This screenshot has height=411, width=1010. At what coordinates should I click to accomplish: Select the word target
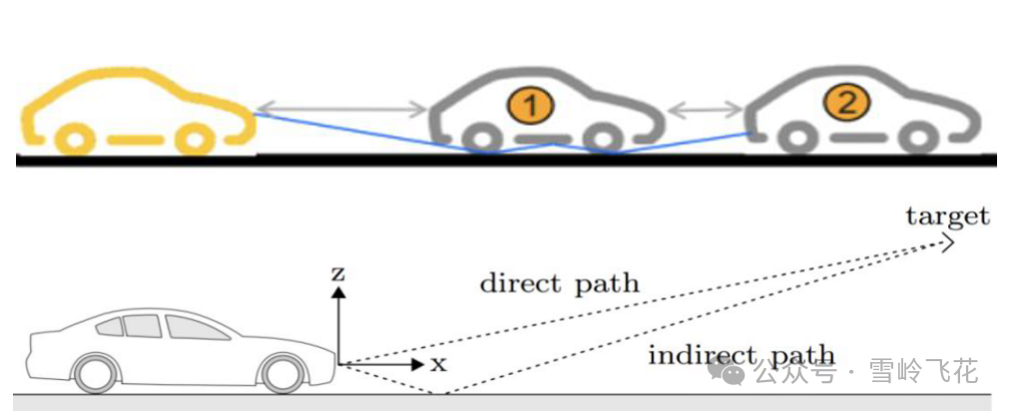[x=947, y=216]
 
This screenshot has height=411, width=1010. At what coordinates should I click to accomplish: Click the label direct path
[x=559, y=283]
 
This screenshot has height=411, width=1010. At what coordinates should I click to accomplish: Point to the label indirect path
[x=742, y=355]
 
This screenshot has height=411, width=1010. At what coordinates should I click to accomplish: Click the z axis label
[x=340, y=271]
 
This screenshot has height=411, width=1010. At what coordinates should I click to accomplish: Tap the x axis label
[x=438, y=364]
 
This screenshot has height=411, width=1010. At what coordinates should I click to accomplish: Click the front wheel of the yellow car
[x=193, y=138]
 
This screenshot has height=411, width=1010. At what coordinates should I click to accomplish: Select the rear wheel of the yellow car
[x=72, y=138]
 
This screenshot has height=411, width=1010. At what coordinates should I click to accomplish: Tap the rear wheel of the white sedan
[x=95, y=373]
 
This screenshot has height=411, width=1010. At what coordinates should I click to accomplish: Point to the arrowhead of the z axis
[x=339, y=291]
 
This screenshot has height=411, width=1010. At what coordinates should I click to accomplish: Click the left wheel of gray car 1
[x=481, y=139]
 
